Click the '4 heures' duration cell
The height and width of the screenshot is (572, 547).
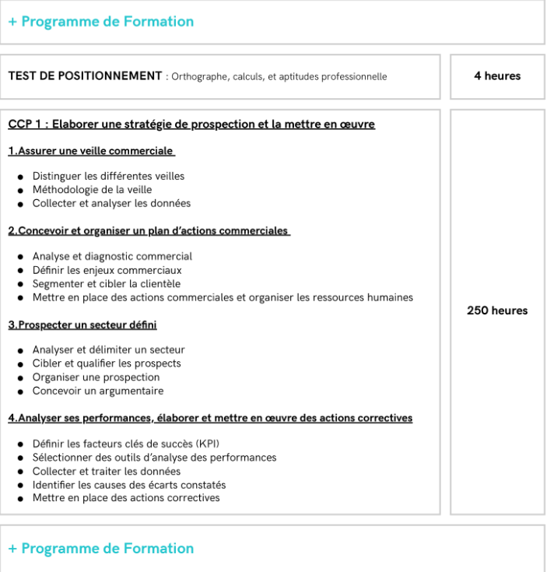[x=496, y=76]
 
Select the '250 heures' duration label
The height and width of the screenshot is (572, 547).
[x=496, y=311]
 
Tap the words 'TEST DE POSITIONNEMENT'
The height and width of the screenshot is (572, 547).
[x=84, y=76]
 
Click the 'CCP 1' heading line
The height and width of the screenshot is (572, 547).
[x=191, y=124]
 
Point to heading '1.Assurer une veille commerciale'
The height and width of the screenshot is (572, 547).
[x=91, y=151]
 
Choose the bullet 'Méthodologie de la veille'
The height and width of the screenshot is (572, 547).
[x=92, y=190]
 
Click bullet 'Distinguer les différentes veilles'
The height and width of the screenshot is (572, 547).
[x=108, y=176]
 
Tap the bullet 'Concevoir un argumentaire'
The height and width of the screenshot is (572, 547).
[x=97, y=391]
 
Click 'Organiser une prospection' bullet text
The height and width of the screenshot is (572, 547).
[x=96, y=377]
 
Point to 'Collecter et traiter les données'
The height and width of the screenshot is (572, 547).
[x=106, y=471]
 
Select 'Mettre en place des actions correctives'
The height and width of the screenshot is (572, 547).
[x=126, y=498]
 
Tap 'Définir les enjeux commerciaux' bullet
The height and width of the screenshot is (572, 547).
[x=107, y=270]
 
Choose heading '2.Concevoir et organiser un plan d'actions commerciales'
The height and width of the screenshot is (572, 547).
[x=149, y=230]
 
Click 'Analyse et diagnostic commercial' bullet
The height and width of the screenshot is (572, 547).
[x=112, y=256]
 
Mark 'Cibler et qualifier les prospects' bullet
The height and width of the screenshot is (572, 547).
[x=107, y=363]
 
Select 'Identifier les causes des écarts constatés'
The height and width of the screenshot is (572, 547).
[x=129, y=485]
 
